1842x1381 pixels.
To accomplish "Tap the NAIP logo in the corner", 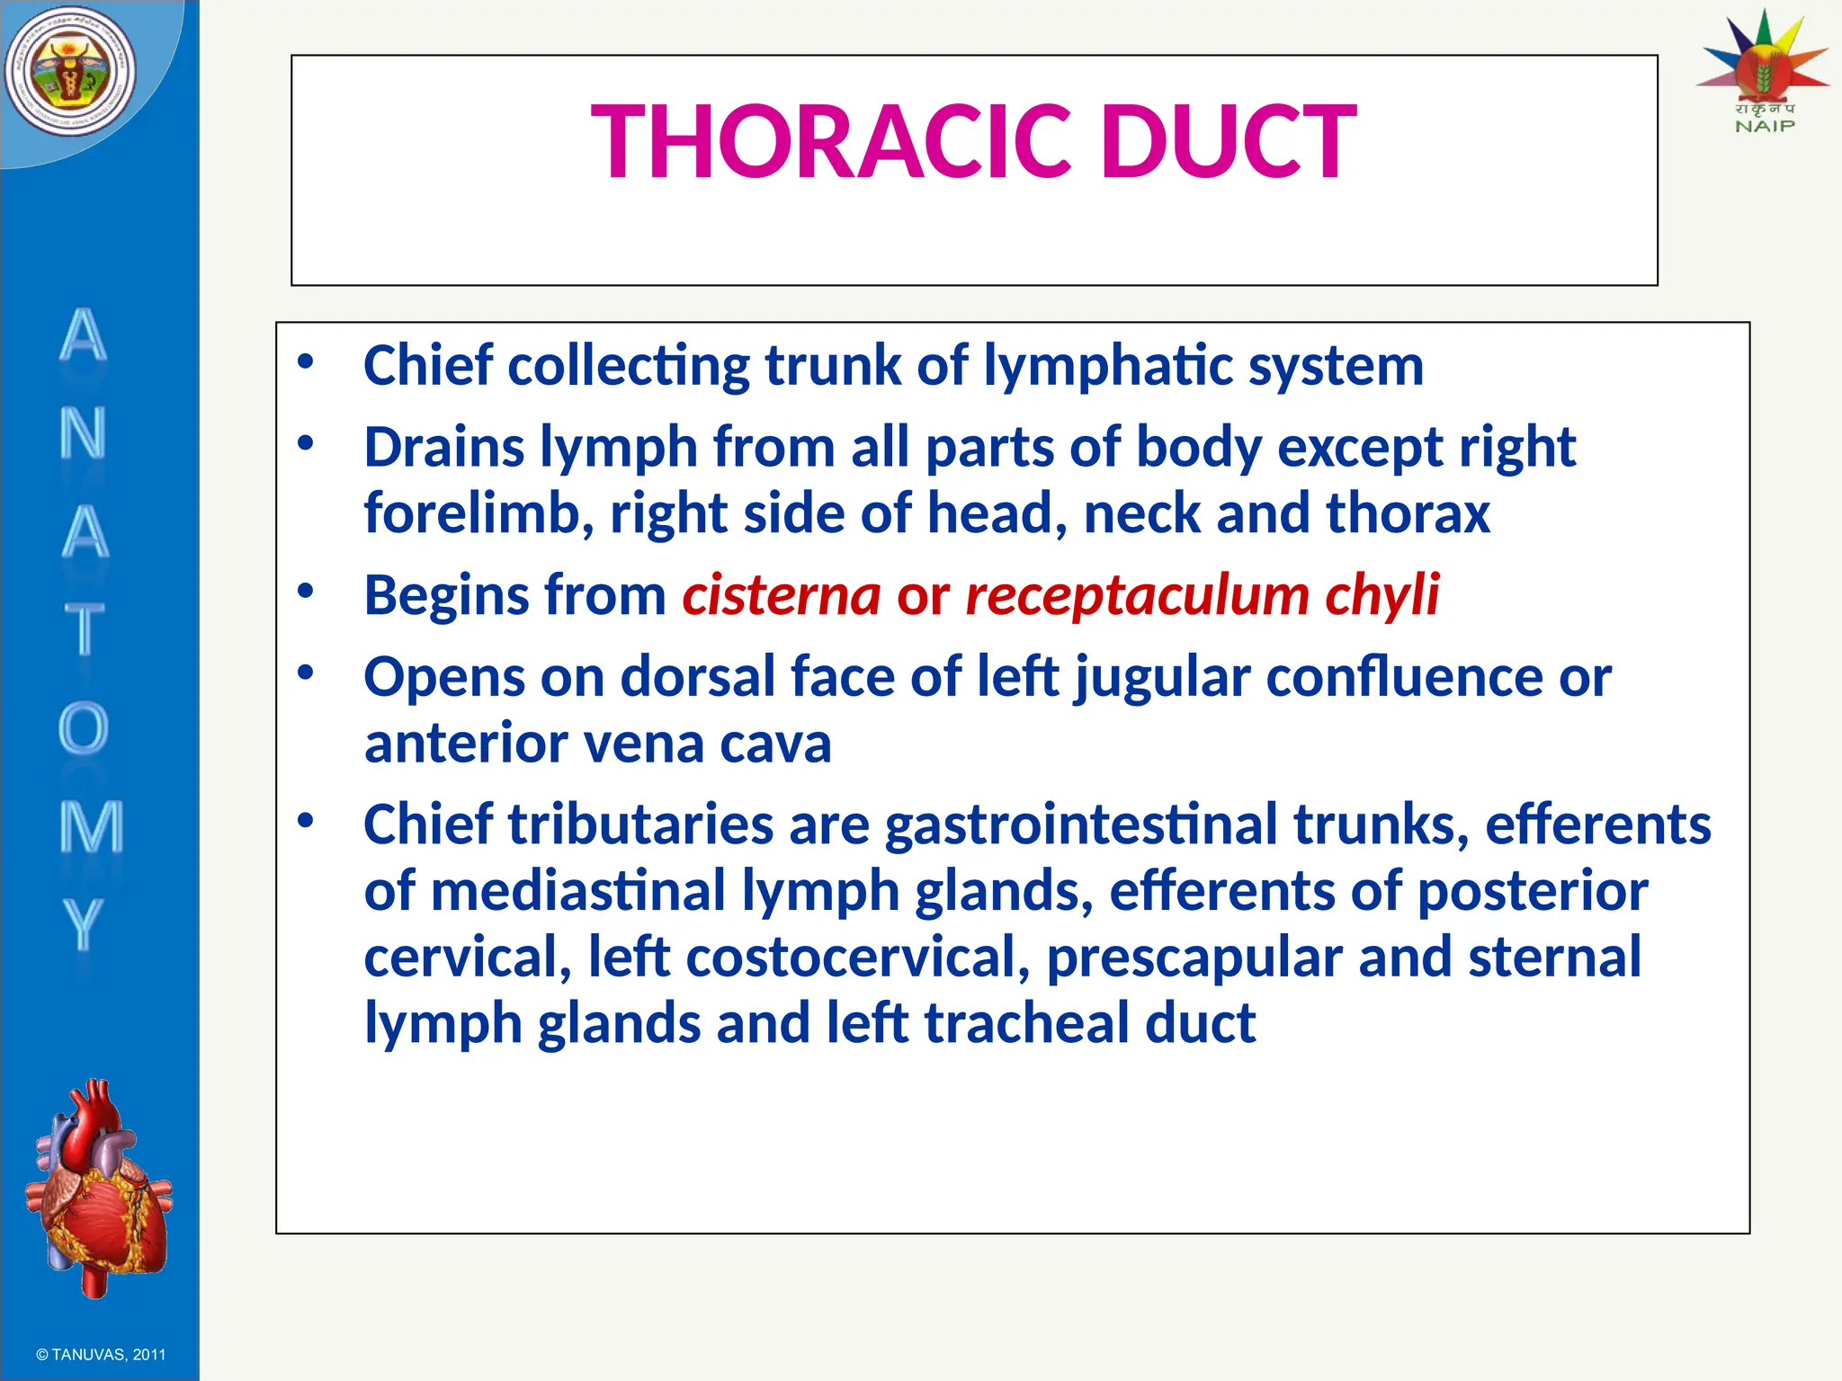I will [x=1763, y=72].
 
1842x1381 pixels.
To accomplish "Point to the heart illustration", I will [x=97, y=1187].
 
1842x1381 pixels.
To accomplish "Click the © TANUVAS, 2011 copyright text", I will [x=101, y=1354].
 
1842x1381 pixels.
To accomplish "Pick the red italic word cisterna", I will [x=781, y=595].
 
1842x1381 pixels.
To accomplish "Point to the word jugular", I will [x=1162, y=677].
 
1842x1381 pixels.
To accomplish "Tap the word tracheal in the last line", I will [x=1026, y=1023].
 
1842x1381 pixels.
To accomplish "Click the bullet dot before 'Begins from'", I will [x=306, y=591].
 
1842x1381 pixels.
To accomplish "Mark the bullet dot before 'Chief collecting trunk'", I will [x=306, y=361].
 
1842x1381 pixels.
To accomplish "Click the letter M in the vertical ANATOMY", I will [x=90, y=826].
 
